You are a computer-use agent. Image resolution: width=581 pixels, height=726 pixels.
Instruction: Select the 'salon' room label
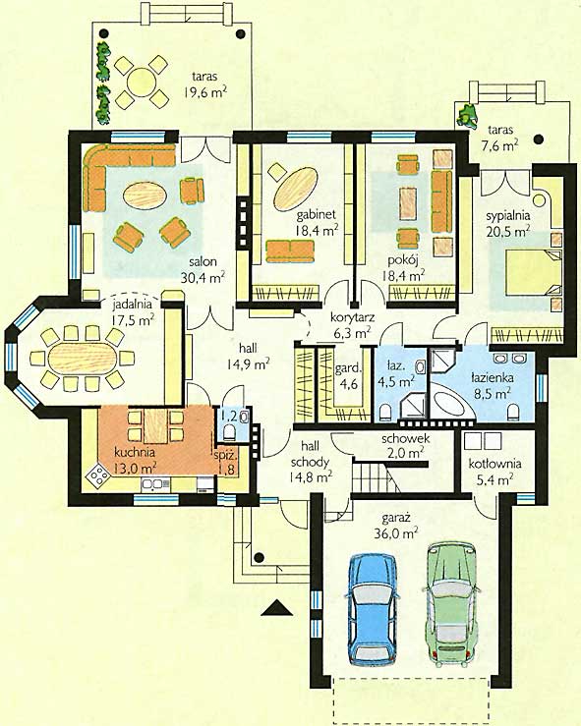click(203, 261)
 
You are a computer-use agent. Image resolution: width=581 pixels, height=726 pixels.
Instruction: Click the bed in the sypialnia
click(533, 272)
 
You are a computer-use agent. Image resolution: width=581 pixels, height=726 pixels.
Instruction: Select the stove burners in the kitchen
click(98, 475)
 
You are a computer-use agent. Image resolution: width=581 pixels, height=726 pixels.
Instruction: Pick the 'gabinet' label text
click(316, 215)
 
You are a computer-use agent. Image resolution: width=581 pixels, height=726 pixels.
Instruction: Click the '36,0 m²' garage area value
click(396, 532)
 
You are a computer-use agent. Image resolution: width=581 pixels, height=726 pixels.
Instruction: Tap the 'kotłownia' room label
click(494, 464)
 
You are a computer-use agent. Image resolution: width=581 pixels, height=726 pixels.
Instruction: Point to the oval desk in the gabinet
click(296, 189)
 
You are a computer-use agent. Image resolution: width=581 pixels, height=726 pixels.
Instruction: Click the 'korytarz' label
click(353, 317)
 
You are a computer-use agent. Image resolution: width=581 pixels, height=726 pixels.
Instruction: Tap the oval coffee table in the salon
click(145, 195)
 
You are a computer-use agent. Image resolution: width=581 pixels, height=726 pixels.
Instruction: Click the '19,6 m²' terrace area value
click(204, 92)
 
